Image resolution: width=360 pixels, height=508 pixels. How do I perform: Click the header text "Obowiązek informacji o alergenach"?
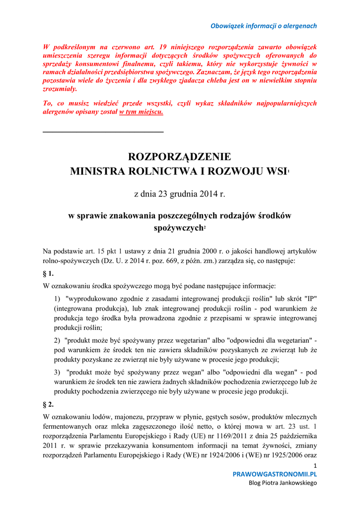click(264, 26)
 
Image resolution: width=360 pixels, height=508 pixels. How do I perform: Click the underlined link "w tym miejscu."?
click(141, 112)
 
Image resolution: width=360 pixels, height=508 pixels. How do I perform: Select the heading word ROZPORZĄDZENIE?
click(180, 157)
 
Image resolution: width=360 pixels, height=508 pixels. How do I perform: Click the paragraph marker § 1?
click(49, 273)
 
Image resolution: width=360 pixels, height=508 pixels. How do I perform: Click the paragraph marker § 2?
click(49, 404)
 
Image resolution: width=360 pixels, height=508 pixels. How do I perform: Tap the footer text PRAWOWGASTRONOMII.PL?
click(275, 474)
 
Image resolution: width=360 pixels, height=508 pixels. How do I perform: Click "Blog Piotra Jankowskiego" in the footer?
click(283, 483)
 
